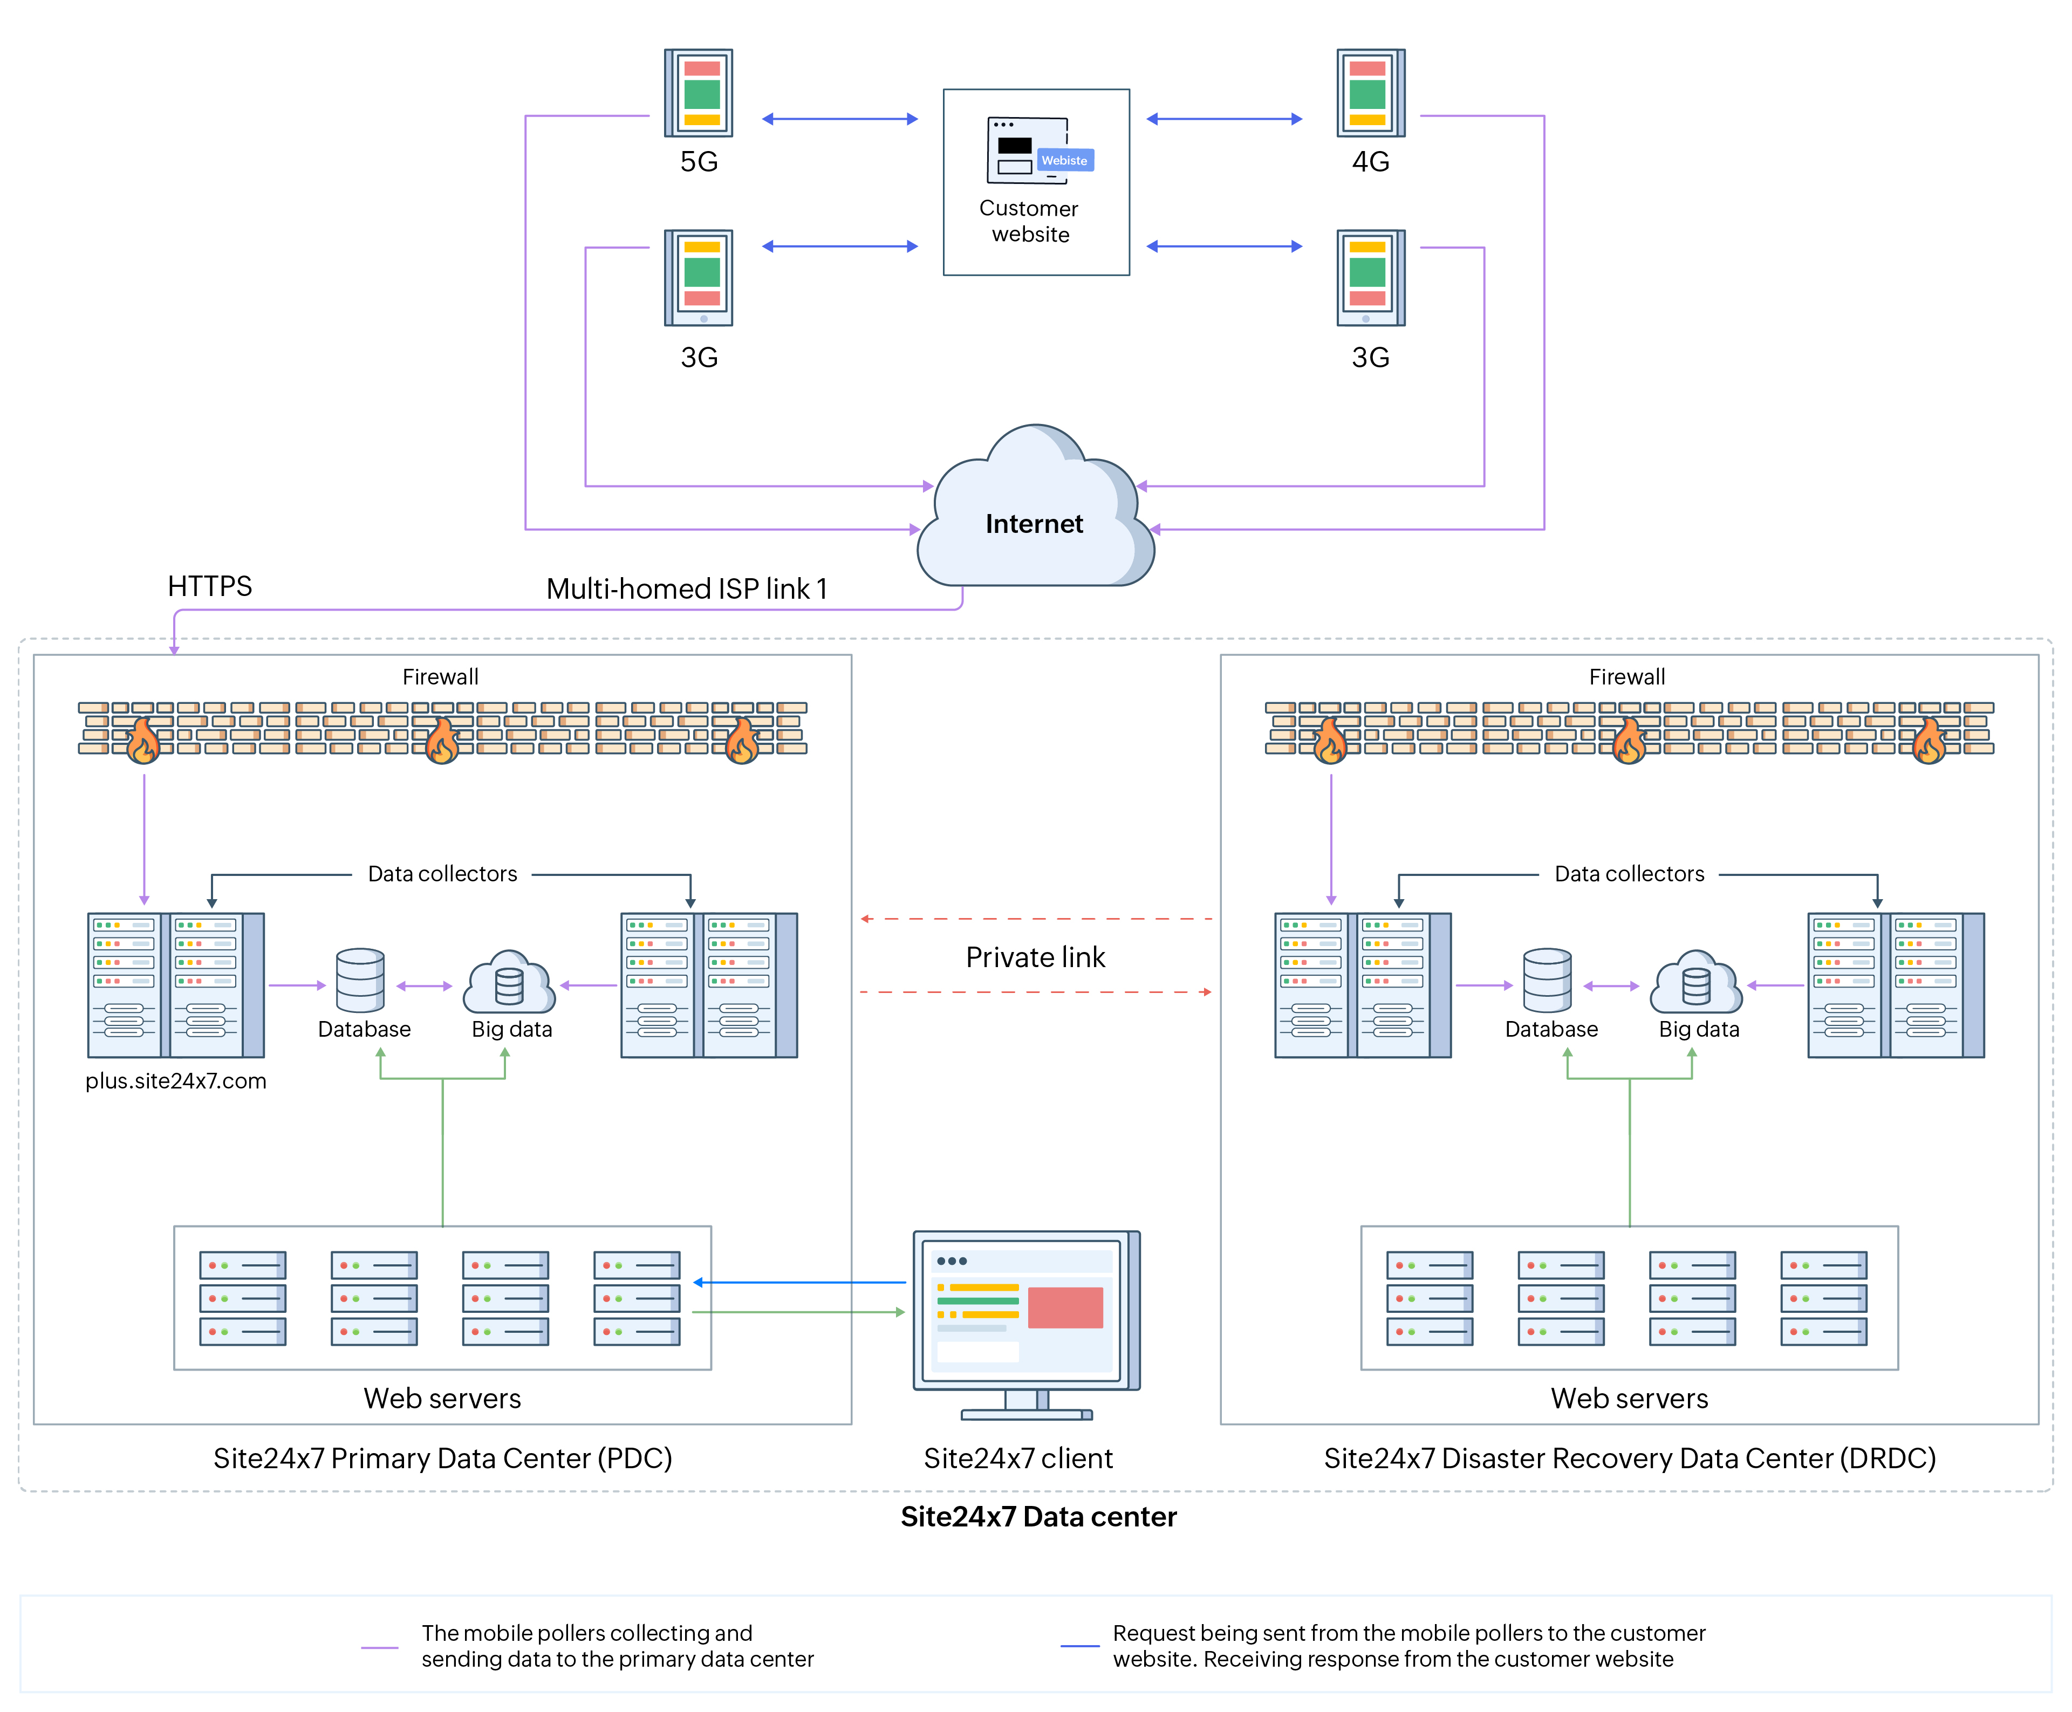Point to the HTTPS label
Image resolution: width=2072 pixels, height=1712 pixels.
tap(209, 587)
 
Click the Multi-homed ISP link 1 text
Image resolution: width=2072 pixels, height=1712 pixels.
tap(686, 589)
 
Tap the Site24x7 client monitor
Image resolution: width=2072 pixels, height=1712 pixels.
tap(1025, 1312)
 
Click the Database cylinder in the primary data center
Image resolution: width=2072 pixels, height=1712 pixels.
tap(360, 980)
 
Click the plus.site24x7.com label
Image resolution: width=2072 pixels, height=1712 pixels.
tap(175, 1081)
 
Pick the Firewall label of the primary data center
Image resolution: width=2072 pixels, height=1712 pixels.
tap(440, 676)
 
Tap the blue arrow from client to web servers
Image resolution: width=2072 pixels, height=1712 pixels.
tap(799, 1282)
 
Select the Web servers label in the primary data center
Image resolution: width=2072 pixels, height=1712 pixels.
tap(442, 1399)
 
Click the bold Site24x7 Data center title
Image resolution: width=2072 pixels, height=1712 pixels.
tap(1037, 1517)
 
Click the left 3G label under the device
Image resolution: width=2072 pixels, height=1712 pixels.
tap(698, 357)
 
